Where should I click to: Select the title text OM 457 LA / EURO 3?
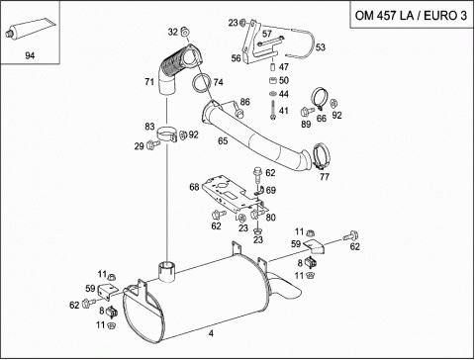[411, 16]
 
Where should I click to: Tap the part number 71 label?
[149, 81]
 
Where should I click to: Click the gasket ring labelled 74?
[202, 83]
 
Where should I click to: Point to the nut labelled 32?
[185, 33]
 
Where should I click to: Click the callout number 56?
[236, 58]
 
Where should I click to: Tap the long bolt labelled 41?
[273, 110]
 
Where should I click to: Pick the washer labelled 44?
[273, 94]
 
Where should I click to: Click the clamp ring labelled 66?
[320, 98]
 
